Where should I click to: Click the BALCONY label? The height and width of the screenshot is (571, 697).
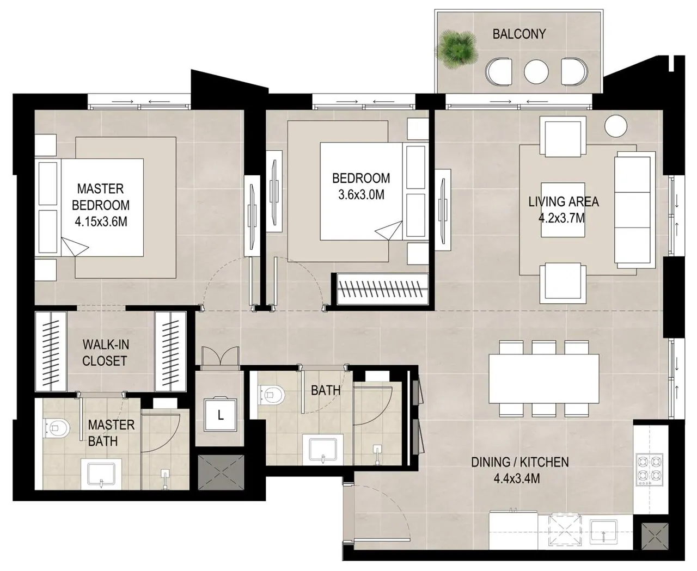click(x=519, y=34)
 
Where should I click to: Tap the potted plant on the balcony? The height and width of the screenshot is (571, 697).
click(x=457, y=49)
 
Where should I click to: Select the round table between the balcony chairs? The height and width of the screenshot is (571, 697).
click(x=536, y=71)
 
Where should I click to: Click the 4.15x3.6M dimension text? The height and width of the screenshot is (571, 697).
click(x=101, y=222)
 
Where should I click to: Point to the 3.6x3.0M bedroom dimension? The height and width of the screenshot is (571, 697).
click(x=361, y=195)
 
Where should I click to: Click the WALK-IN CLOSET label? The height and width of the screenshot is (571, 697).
click(x=105, y=353)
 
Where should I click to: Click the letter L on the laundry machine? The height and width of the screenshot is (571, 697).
click(x=221, y=415)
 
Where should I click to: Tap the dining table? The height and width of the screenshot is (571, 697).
click(x=543, y=379)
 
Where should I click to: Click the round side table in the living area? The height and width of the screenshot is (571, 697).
click(x=615, y=126)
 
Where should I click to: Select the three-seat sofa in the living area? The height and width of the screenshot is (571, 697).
click(x=635, y=210)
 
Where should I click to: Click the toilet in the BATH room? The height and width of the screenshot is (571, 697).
click(x=271, y=395)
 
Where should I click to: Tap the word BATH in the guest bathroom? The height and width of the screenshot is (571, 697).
click(x=326, y=391)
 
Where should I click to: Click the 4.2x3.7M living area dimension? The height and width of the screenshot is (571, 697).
click(x=561, y=218)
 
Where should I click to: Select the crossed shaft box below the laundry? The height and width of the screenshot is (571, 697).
click(x=221, y=472)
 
